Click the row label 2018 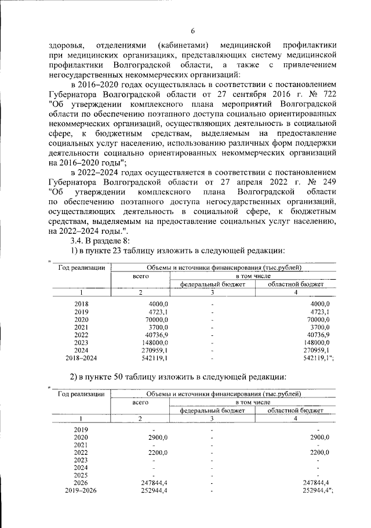point(82,304)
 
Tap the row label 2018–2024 point(82,358)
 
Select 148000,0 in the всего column point(154,342)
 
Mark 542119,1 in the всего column point(154,358)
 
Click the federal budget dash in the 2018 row point(213,304)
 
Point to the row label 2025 point(82,475)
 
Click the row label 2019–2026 point(82,490)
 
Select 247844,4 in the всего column point(154,483)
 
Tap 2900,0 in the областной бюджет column point(319,437)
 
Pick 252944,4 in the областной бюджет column point(318,490)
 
